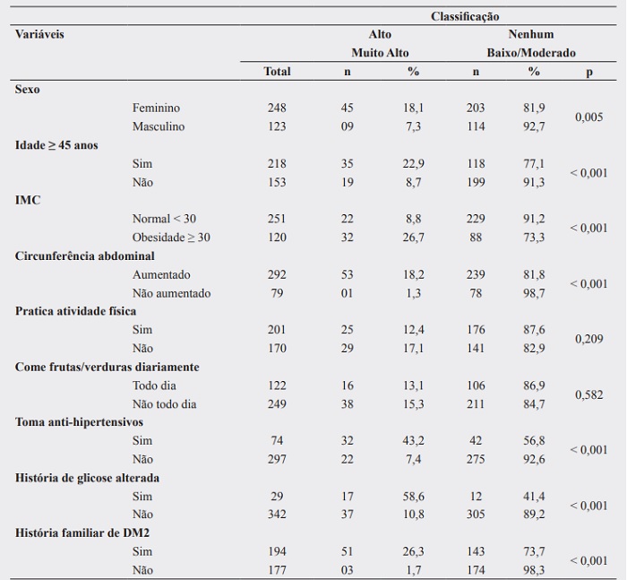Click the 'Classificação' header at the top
click(x=465, y=16)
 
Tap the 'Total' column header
click(x=277, y=72)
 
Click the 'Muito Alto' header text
click(x=380, y=53)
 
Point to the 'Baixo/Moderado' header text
click(x=531, y=53)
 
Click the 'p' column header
click(x=588, y=72)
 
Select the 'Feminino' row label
click(x=156, y=108)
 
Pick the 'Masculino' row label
click(x=159, y=127)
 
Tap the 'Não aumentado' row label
click(x=171, y=293)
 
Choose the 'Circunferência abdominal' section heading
click(x=84, y=256)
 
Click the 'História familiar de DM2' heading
click(x=80, y=533)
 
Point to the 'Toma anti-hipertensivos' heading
click(x=79, y=422)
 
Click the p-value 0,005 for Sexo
click(x=588, y=117)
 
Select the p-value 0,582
click(x=588, y=394)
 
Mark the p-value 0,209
click(x=588, y=340)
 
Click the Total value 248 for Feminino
click(x=277, y=108)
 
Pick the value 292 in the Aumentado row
click(x=277, y=275)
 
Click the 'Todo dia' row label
click(x=154, y=385)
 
